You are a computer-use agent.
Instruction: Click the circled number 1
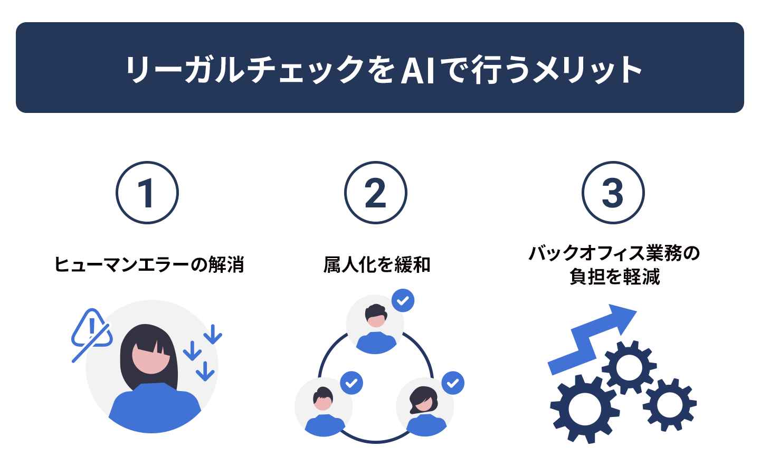pos(147,193)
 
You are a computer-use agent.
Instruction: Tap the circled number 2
pos(375,193)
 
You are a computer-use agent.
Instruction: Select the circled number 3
pos(613,193)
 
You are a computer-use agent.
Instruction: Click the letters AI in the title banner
pos(417,71)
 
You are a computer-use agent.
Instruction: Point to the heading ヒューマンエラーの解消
pos(149,264)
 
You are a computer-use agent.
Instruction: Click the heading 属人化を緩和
pos(377,264)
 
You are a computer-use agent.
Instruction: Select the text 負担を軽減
pos(614,277)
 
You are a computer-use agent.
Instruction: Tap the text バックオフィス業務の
pos(614,253)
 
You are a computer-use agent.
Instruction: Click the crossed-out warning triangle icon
pos(91,334)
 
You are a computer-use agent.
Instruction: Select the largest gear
pos(584,409)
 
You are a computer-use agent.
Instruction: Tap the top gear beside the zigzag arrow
pos(629,368)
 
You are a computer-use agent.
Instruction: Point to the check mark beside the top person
pos(403,301)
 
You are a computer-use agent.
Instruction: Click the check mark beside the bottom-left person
pos(351,383)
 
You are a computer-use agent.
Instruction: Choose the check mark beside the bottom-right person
pos(453,383)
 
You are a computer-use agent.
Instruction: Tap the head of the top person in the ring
pos(376,316)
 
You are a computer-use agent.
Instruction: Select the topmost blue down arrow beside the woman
pos(213,335)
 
